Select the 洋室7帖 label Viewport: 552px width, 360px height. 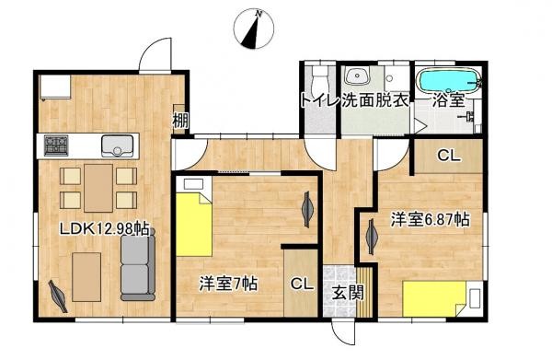pyautogui.click(x=227, y=285)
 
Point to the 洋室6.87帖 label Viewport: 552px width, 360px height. pyautogui.click(x=430, y=220)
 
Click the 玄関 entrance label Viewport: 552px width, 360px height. pyautogui.click(x=347, y=294)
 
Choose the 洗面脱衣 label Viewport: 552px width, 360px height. pyautogui.click(x=375, y=100)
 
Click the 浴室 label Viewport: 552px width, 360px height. pyautogui.click(x=448, y=100)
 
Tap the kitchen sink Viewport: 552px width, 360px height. pyautogui.click(x=119, y=145)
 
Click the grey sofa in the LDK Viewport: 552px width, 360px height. pyautogui.click(x=138, y=267)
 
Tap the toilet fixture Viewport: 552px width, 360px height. pyautogui.click(x=319, y=75)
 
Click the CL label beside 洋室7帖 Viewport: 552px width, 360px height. pyautogui.click(x=300, y=285)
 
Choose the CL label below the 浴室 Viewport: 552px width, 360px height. pyautogui.click(x=448, y=156)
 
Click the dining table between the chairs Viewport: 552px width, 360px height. pyautogui.click(x=98, y=186)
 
